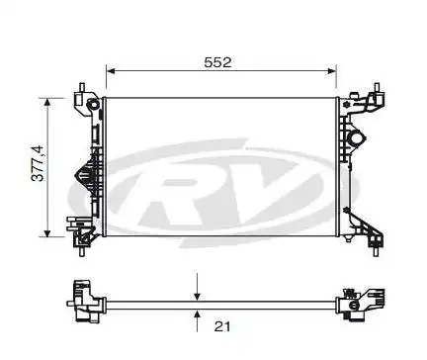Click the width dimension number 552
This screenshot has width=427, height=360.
(x=217, y=61)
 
